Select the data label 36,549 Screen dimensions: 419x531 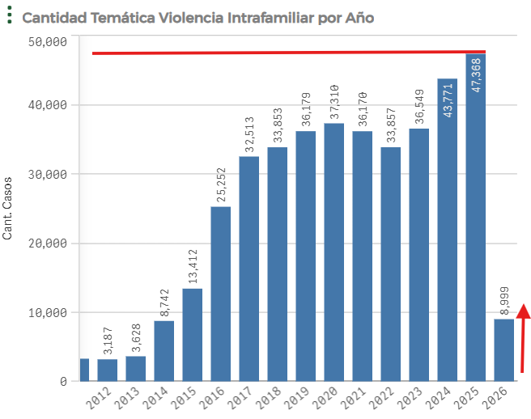point(419,102)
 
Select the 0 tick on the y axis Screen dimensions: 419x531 point(62,381)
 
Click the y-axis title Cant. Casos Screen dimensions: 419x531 point(8,209)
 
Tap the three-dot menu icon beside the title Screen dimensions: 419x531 point(9,16)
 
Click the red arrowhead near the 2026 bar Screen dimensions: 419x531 point(524,311)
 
